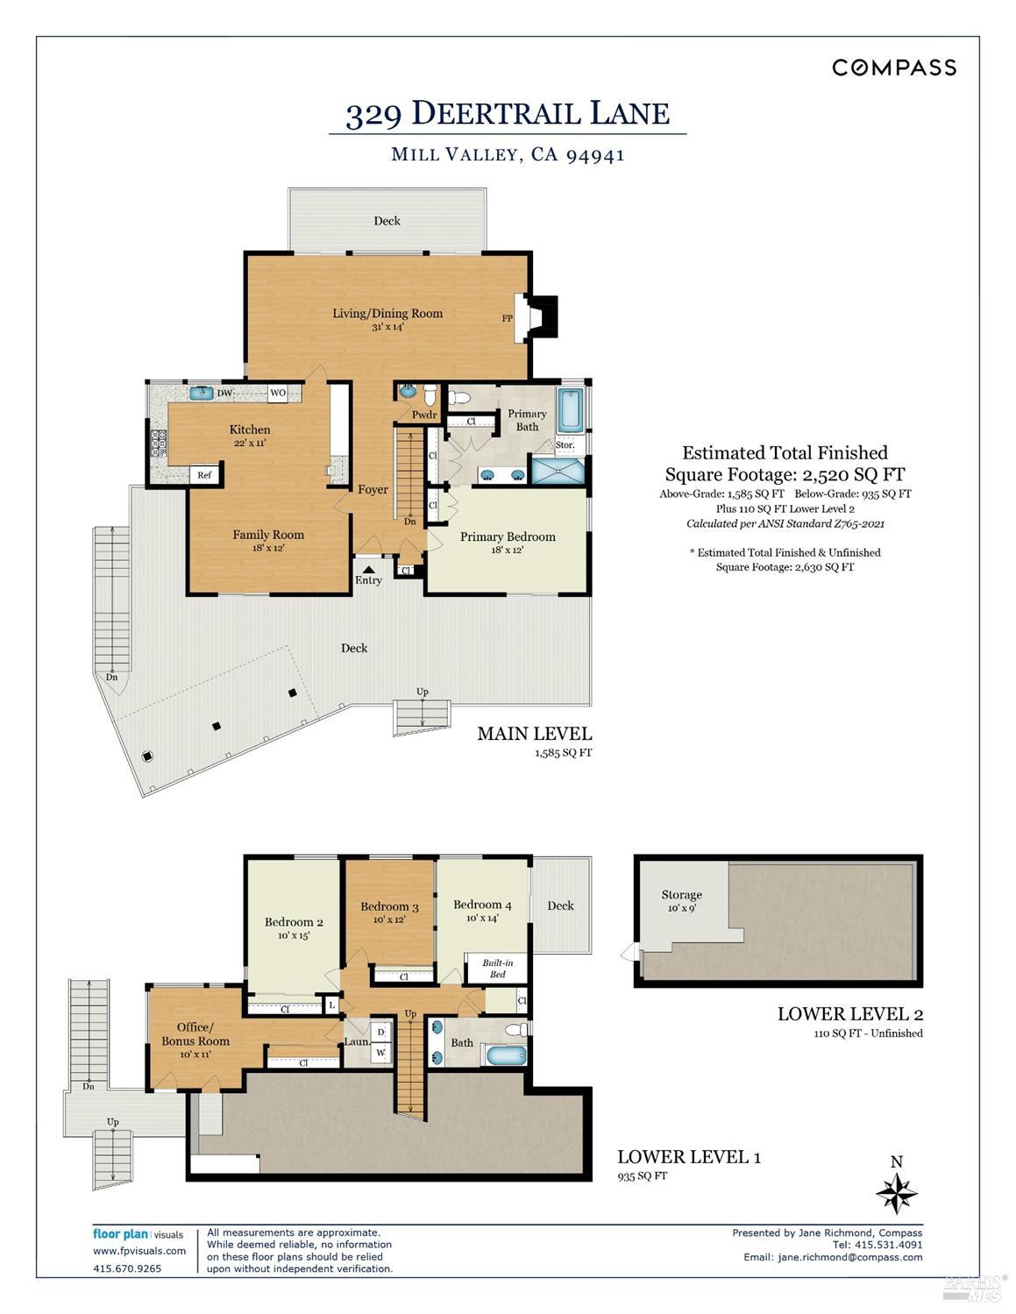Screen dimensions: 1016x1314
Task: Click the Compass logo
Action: click(x=894, y=67)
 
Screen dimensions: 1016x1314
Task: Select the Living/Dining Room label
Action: click(x=387, y=313)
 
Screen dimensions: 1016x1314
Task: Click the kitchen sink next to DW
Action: click(x=202, y=393)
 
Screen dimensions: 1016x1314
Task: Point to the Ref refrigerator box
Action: click(x=204, y=475)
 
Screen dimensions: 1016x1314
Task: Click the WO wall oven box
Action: click(x=278, y=393)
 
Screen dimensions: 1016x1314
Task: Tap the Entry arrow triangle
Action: click(x=368, y=568)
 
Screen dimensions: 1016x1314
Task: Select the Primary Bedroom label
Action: click(x=508, y=536)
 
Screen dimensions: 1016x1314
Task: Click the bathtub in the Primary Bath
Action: click(x=571, y=411)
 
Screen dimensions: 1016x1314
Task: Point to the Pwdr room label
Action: click(x=424, y=415)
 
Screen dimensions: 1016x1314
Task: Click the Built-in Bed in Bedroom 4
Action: click(x=497, y=968)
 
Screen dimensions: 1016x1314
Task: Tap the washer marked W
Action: click(x=381, y=1052)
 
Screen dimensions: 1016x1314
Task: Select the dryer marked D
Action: click(x=381, y=1033)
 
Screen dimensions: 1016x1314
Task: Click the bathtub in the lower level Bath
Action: click(x=507, y=1055)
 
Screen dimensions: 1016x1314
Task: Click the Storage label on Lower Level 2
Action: click(x=681, y=894)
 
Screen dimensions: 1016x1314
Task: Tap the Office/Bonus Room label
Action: click(x=195, y=1033)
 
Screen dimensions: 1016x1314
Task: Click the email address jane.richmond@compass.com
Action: click(x=833, y=1257)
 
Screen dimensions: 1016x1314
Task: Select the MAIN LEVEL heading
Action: click(x=534, y=734)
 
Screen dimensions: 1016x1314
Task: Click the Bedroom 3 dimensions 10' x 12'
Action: click(x=389, y=920)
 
